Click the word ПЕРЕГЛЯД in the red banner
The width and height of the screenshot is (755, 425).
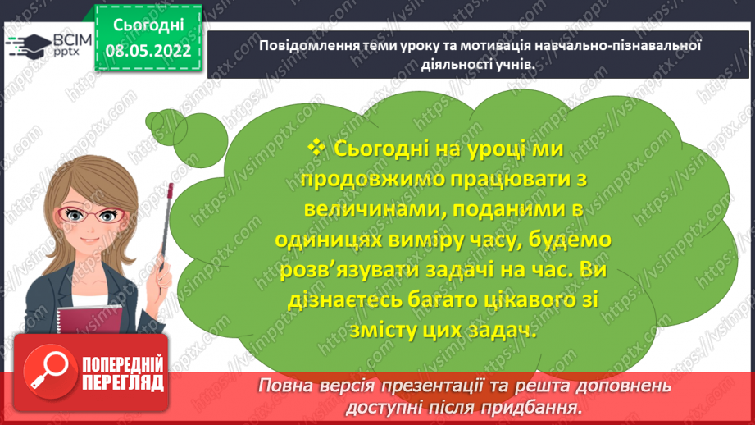122,382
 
